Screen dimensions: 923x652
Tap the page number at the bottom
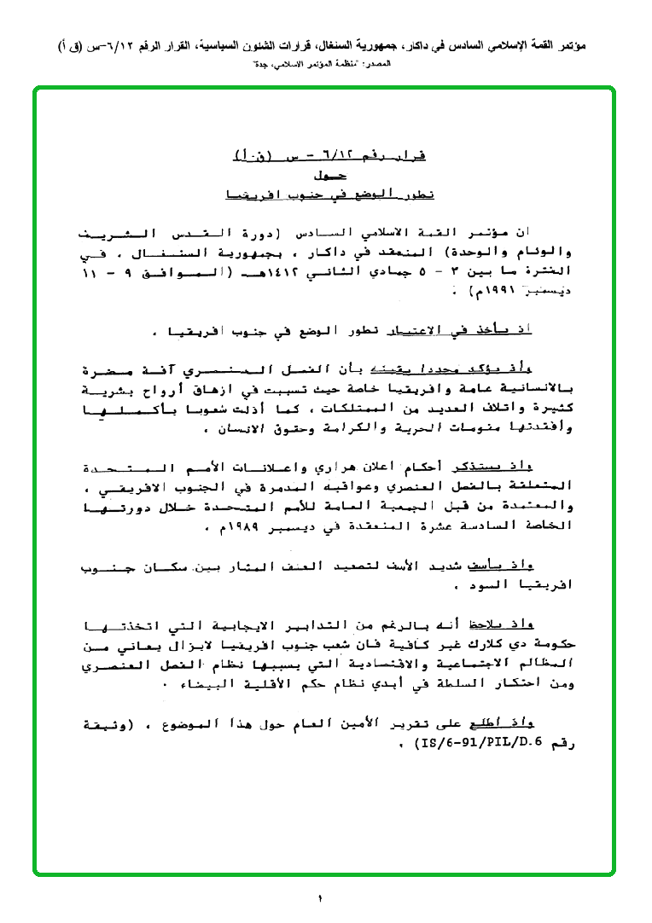coord(322,899)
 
